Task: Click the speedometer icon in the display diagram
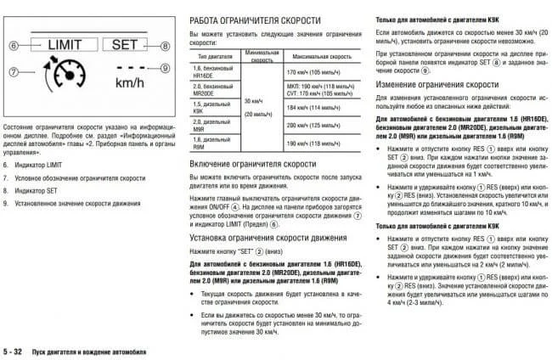coord(55,80)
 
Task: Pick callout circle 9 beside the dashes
coord(166,67)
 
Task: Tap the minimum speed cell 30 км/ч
coord(256,99)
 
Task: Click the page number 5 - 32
coord(15,351)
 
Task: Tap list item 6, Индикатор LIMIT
coord(40,162)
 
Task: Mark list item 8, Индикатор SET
coord(37,191)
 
